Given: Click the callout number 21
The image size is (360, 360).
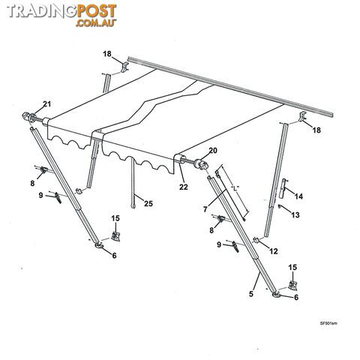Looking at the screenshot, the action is [46, 103].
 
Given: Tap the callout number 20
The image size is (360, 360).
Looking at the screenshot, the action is [213, 151].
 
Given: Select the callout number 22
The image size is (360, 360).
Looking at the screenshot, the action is [184, 187].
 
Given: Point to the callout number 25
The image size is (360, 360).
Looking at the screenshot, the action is [148, 203].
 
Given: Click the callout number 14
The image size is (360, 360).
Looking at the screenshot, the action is [298, 196].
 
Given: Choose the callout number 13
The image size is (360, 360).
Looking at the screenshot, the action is [295, 214].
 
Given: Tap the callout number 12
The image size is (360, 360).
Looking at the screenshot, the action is [274, 251].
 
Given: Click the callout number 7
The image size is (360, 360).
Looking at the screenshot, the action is [205, 209].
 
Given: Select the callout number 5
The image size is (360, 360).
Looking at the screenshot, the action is [251, 294].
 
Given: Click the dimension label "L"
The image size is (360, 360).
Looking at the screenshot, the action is [234, 189].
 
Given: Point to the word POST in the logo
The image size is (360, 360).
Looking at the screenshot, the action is [96, 11].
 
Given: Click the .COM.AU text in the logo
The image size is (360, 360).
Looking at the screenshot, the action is [96, 22].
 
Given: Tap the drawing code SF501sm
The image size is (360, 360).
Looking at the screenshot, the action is [328, 323].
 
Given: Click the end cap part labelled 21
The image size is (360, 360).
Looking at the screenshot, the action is [29, 117].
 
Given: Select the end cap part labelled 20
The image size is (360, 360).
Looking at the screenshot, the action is [202, 164].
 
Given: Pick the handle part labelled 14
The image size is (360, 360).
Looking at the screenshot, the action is [283, 188].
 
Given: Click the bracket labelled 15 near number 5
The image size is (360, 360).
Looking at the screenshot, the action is [292, 286].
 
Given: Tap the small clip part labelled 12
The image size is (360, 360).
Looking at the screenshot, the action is [256, 240].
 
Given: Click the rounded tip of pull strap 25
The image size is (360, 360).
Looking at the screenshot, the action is [133, 206].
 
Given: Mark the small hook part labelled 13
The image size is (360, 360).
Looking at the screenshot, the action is [280, 207].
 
